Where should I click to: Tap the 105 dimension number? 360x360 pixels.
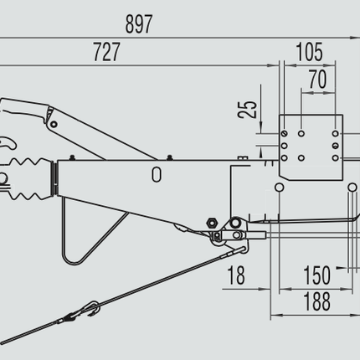309,53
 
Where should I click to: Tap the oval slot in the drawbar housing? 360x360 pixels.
157,174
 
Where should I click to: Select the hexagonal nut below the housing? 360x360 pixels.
210,222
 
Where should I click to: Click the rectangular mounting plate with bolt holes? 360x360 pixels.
310,146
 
